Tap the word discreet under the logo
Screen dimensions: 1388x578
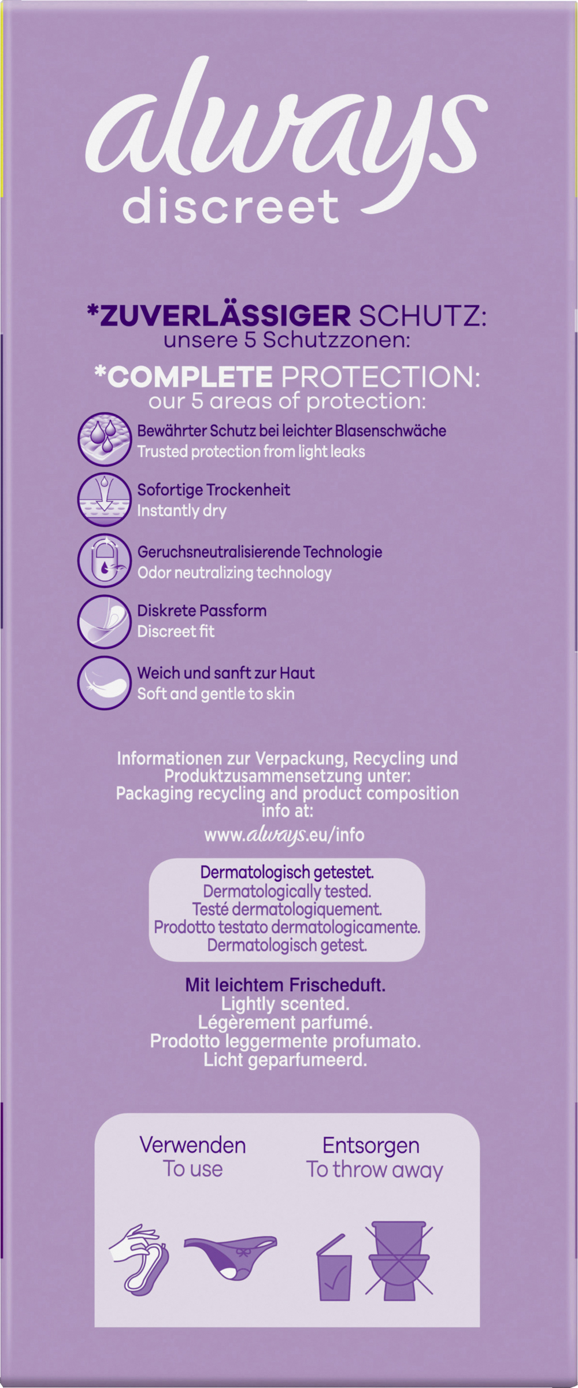[x=231, y=206]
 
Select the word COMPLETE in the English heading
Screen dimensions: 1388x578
[x=184, y=377]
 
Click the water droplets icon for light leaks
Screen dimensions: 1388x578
[x=105, y=440]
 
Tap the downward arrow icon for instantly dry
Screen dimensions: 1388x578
[x=105, y=500]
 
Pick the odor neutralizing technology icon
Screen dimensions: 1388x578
[x=105, y=562]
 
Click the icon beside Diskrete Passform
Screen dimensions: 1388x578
[x=105, y=622]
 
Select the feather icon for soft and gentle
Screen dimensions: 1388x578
[x=105, y=683]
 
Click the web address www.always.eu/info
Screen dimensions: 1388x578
[x=284, y=835]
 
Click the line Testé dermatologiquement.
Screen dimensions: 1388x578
[x=287, y=909]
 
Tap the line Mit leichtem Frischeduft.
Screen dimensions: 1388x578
[x=285, y=985]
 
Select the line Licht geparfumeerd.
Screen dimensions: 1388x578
[x=285, y=1060]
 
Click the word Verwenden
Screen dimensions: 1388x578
[x=192, y=1145]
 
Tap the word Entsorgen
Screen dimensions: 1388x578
[x=370, y=1145]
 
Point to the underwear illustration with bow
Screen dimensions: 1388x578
[x=230, y=1255]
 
